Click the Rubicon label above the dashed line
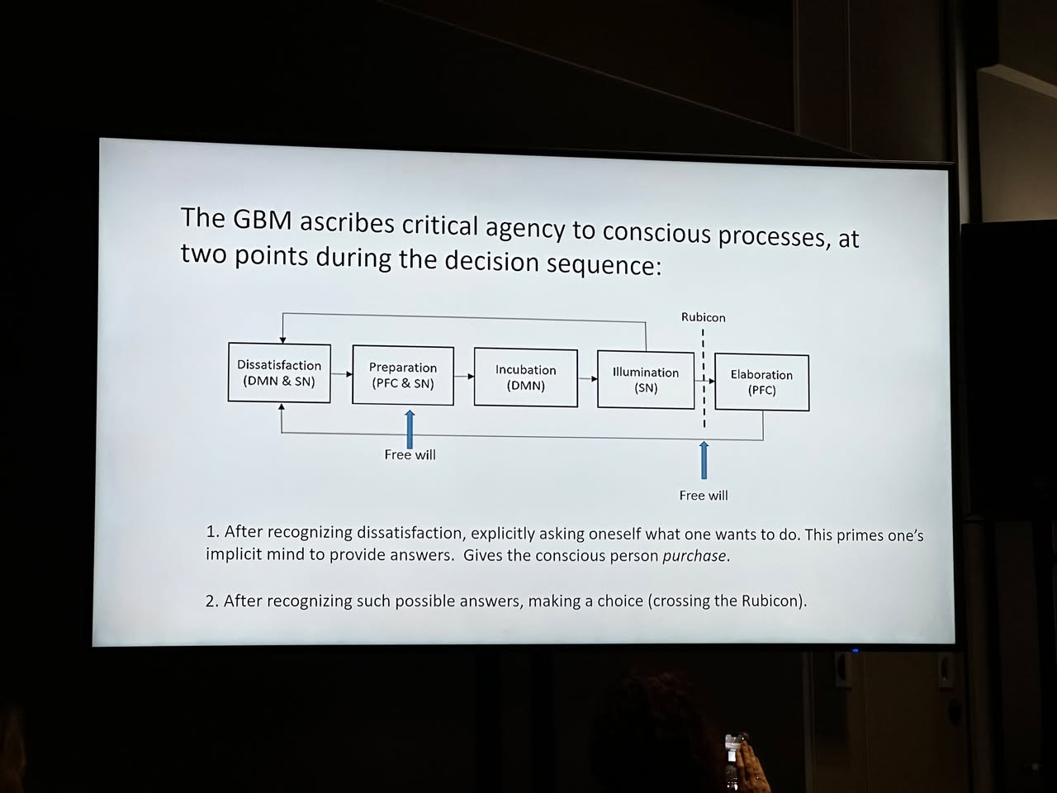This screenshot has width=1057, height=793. pos(703,317)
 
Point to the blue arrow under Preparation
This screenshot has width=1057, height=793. pos(410,429)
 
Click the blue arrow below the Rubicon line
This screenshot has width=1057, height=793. pos(704,460)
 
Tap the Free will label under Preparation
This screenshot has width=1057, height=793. pos(410,455)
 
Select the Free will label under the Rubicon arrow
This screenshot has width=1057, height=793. pos(704,496)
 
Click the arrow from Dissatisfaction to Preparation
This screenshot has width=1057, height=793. pos(342,374)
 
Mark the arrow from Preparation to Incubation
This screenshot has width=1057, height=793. pos(464,377)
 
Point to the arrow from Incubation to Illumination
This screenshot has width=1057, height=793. pos(588,379)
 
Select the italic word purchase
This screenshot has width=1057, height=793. pos(694,556)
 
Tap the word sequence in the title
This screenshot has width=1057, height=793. pos(601,264)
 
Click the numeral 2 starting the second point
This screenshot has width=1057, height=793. pos(210,601)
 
